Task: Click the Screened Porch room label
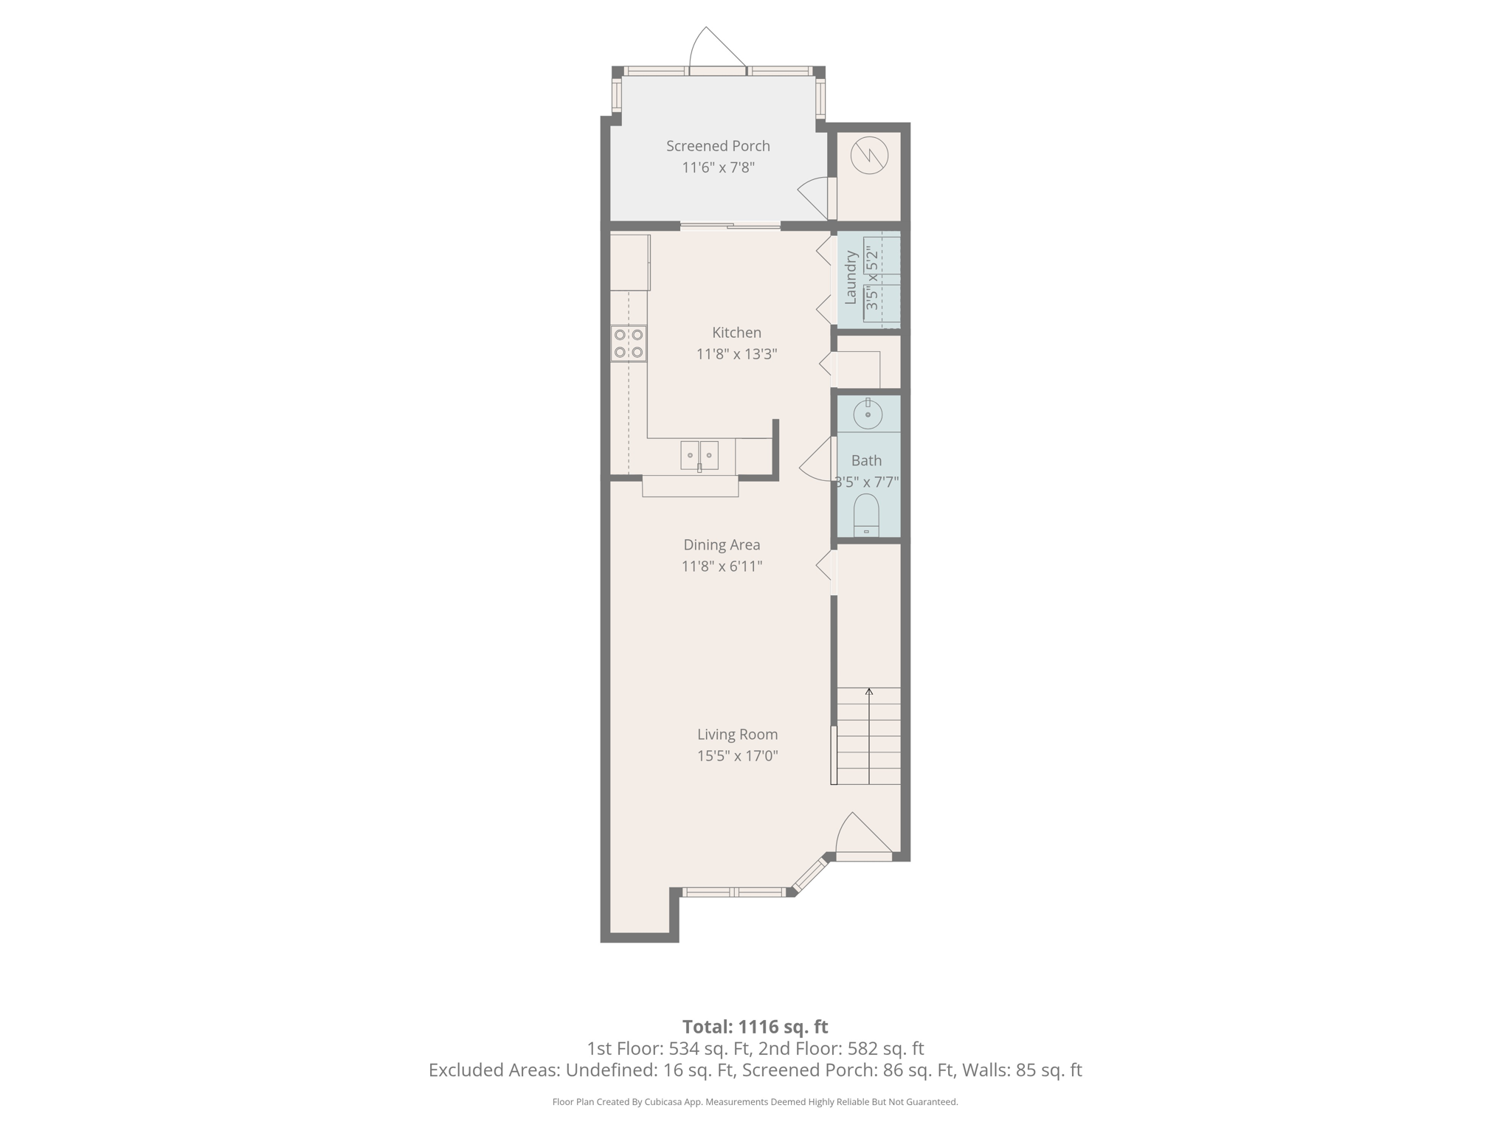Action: (x=717, y=146)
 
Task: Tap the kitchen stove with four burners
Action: (x=629, y=344)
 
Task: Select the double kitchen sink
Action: (x=699, y=455)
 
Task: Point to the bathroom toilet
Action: (x=866, y=514)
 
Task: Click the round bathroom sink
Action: (x=868, y=415)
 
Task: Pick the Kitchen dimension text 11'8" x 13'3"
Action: (x=736, y=354)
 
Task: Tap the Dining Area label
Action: (x=721, y=545)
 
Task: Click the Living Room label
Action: (x=737, y=735)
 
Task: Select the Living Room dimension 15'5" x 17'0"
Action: (x=737, y=756)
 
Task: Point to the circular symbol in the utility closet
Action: (x=869, y=156)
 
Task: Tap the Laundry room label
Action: (x=850, y=277)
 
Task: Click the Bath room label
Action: (x=866, y=461)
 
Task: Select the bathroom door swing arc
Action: (x=815, y=460)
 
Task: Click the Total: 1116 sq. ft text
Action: (x=755, y=1027)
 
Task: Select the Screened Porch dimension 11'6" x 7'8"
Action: (x=717, y=167)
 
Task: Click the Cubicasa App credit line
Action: (x=755, y=1102)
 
